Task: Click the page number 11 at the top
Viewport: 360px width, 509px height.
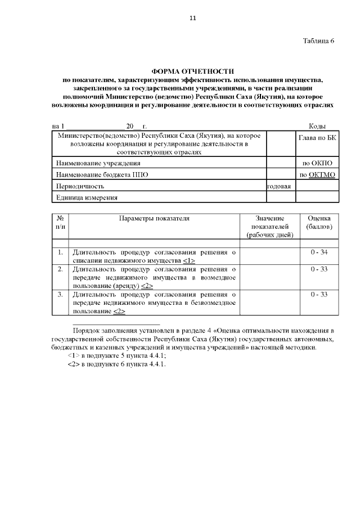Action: (192, 18)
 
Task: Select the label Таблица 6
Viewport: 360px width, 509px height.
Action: (318, 41)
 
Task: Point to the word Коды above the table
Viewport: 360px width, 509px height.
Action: (318, 127)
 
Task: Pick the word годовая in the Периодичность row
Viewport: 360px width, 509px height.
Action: (280, 186)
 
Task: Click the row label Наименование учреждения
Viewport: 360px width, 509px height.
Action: (90, 163)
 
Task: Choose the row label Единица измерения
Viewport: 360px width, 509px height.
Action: (86, 197)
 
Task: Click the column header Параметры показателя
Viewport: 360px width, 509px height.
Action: (154, 218)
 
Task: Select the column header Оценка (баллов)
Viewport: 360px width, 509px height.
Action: (319, 222)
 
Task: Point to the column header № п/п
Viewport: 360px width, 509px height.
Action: (60, 222)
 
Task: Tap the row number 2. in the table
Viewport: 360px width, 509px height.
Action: (60, 269)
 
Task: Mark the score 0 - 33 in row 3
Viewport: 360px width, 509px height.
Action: (319, 294)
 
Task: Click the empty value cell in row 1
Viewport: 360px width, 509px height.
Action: (269, 256)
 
